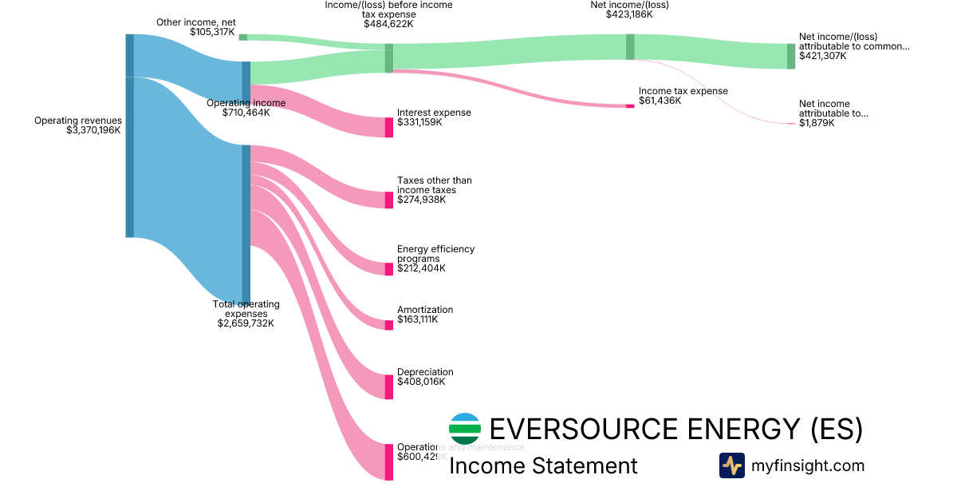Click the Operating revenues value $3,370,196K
point(93,130)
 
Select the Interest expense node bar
point(389,128)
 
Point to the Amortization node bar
point(389,323)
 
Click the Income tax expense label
point(683,91)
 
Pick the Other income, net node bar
point(242,37)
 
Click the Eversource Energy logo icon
point(465,429)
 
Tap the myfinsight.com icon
point(731,465)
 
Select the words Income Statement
point(543,466)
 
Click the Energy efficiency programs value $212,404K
point(421,268)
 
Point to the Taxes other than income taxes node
point(389,200)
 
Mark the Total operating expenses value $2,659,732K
point(246,323)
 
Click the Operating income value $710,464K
point(246,113)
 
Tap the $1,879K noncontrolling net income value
point(817,124)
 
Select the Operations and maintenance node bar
point(389,461)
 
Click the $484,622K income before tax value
point(388,24)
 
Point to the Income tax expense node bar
point(630,105)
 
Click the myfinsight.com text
point(808,465)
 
